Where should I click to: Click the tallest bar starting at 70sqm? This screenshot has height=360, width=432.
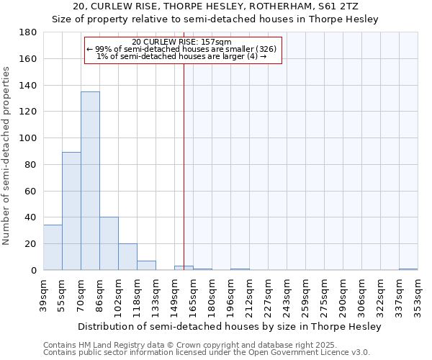pyautogui.click(x=90, y=181)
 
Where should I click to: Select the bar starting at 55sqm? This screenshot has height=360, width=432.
pyautogui.click(x=71, y=211)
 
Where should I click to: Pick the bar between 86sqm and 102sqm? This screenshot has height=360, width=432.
pyautogui.click(x=109, y=243)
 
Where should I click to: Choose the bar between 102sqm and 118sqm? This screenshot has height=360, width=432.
pyautogui.click(x=127, y=256)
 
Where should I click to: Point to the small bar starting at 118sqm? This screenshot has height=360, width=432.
pyautogui.click(x=146, y=265)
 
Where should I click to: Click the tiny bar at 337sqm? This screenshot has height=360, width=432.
pyautogui.click(x=408, y=269)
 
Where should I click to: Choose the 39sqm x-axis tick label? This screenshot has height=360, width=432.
pyautogui.click(x=43, y=294)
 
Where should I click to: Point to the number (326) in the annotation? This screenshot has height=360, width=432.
pyautogui.click(x=266, y=49)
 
